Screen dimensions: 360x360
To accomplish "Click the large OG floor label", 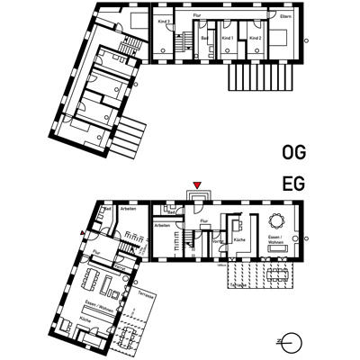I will coord(293,152).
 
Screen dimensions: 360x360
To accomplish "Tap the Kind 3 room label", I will coord(164,19).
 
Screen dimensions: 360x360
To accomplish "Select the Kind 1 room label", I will coord(228,39).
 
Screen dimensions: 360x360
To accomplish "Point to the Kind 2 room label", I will coord(255,39).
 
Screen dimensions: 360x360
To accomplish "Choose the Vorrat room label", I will coord(218,241).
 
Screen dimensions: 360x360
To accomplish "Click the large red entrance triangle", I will coord(198,185).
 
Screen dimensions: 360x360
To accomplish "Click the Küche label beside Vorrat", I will coord(240,241).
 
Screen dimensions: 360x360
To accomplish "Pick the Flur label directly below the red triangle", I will coord(203,219).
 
